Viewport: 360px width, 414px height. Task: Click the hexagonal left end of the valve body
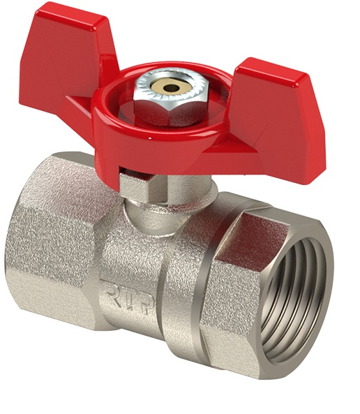[x=53, y=237]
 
